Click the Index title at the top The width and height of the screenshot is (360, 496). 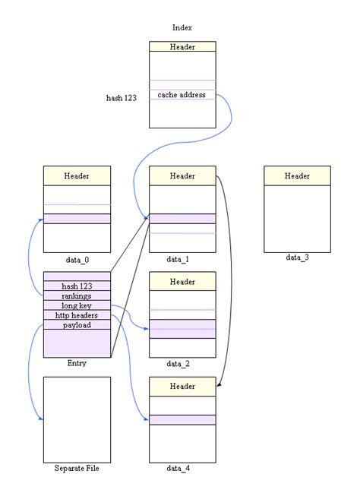[182, 28]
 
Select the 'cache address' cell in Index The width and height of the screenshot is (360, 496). [182, 95]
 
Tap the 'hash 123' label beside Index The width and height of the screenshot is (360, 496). [122, 98]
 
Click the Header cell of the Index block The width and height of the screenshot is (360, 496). [182, 47]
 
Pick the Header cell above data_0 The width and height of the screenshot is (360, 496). [77, 176]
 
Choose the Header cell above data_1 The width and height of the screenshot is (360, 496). [182, 176]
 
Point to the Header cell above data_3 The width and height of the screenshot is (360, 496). [297, 176]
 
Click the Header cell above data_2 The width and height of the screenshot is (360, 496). [182, 282]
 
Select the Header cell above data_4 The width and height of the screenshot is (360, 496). [182, 387]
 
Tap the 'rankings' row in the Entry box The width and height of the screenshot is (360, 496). [77, 295]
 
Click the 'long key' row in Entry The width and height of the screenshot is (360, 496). [77, 305]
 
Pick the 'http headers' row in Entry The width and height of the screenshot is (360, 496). [77, 315]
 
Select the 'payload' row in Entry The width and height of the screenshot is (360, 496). [77, 325]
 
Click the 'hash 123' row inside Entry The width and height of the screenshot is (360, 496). [77, 286]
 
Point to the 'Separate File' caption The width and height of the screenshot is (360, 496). [77, 468]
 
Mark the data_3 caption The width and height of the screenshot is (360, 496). [297, 257]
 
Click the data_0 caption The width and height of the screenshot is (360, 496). [77, 260]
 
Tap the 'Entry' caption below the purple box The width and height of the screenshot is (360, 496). [77, 363]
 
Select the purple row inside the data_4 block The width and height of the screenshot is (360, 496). [182, 420]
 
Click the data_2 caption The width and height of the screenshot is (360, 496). [178, 364]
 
